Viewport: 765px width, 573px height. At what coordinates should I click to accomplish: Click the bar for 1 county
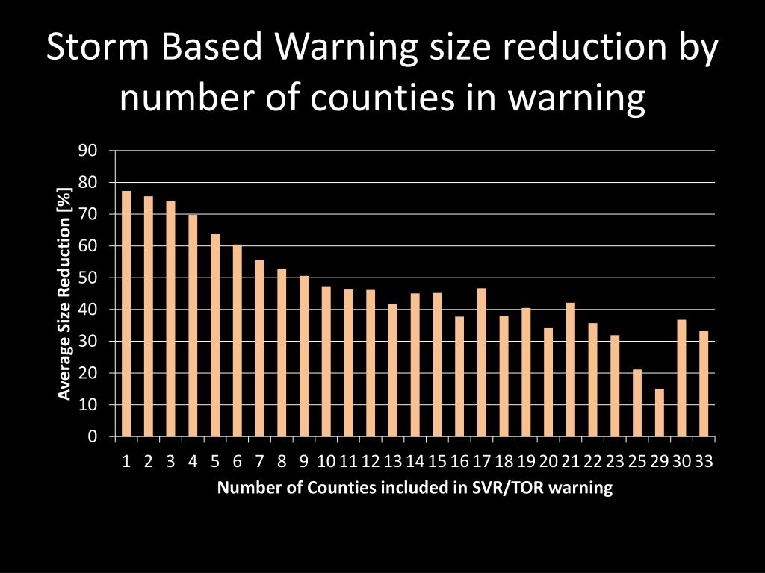(x=126, y=313)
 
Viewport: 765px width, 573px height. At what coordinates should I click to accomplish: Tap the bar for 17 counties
(x=481, y=362)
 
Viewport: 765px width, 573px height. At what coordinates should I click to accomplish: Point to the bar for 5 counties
(x=215, y=335)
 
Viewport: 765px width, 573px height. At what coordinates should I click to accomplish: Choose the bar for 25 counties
(x=637, y=403)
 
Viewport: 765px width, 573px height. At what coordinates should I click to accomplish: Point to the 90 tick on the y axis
(x=88, y=151)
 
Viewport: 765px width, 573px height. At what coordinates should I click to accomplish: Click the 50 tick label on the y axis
(x=88, y=278)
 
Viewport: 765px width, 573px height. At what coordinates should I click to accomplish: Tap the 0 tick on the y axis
(x=92, y=437)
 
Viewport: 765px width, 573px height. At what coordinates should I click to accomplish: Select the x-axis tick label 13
(x=393, y=461)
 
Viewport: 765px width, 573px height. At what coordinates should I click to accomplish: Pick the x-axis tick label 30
(x=681, y=461)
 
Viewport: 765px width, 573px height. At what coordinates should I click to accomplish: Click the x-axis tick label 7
(x=259, y=461)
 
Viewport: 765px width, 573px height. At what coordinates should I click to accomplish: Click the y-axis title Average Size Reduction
(x=65, y=294)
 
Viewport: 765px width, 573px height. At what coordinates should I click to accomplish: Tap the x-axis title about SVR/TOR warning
(x=415, y=489)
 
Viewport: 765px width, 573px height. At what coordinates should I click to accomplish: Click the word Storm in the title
(x=89, y=48)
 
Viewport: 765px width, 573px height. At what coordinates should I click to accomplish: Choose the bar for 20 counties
(x=548, y=381)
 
